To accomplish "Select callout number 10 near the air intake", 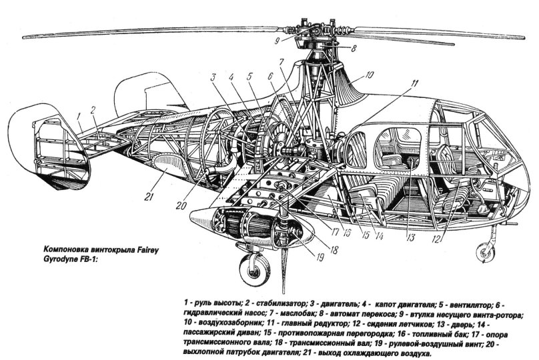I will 368,76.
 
